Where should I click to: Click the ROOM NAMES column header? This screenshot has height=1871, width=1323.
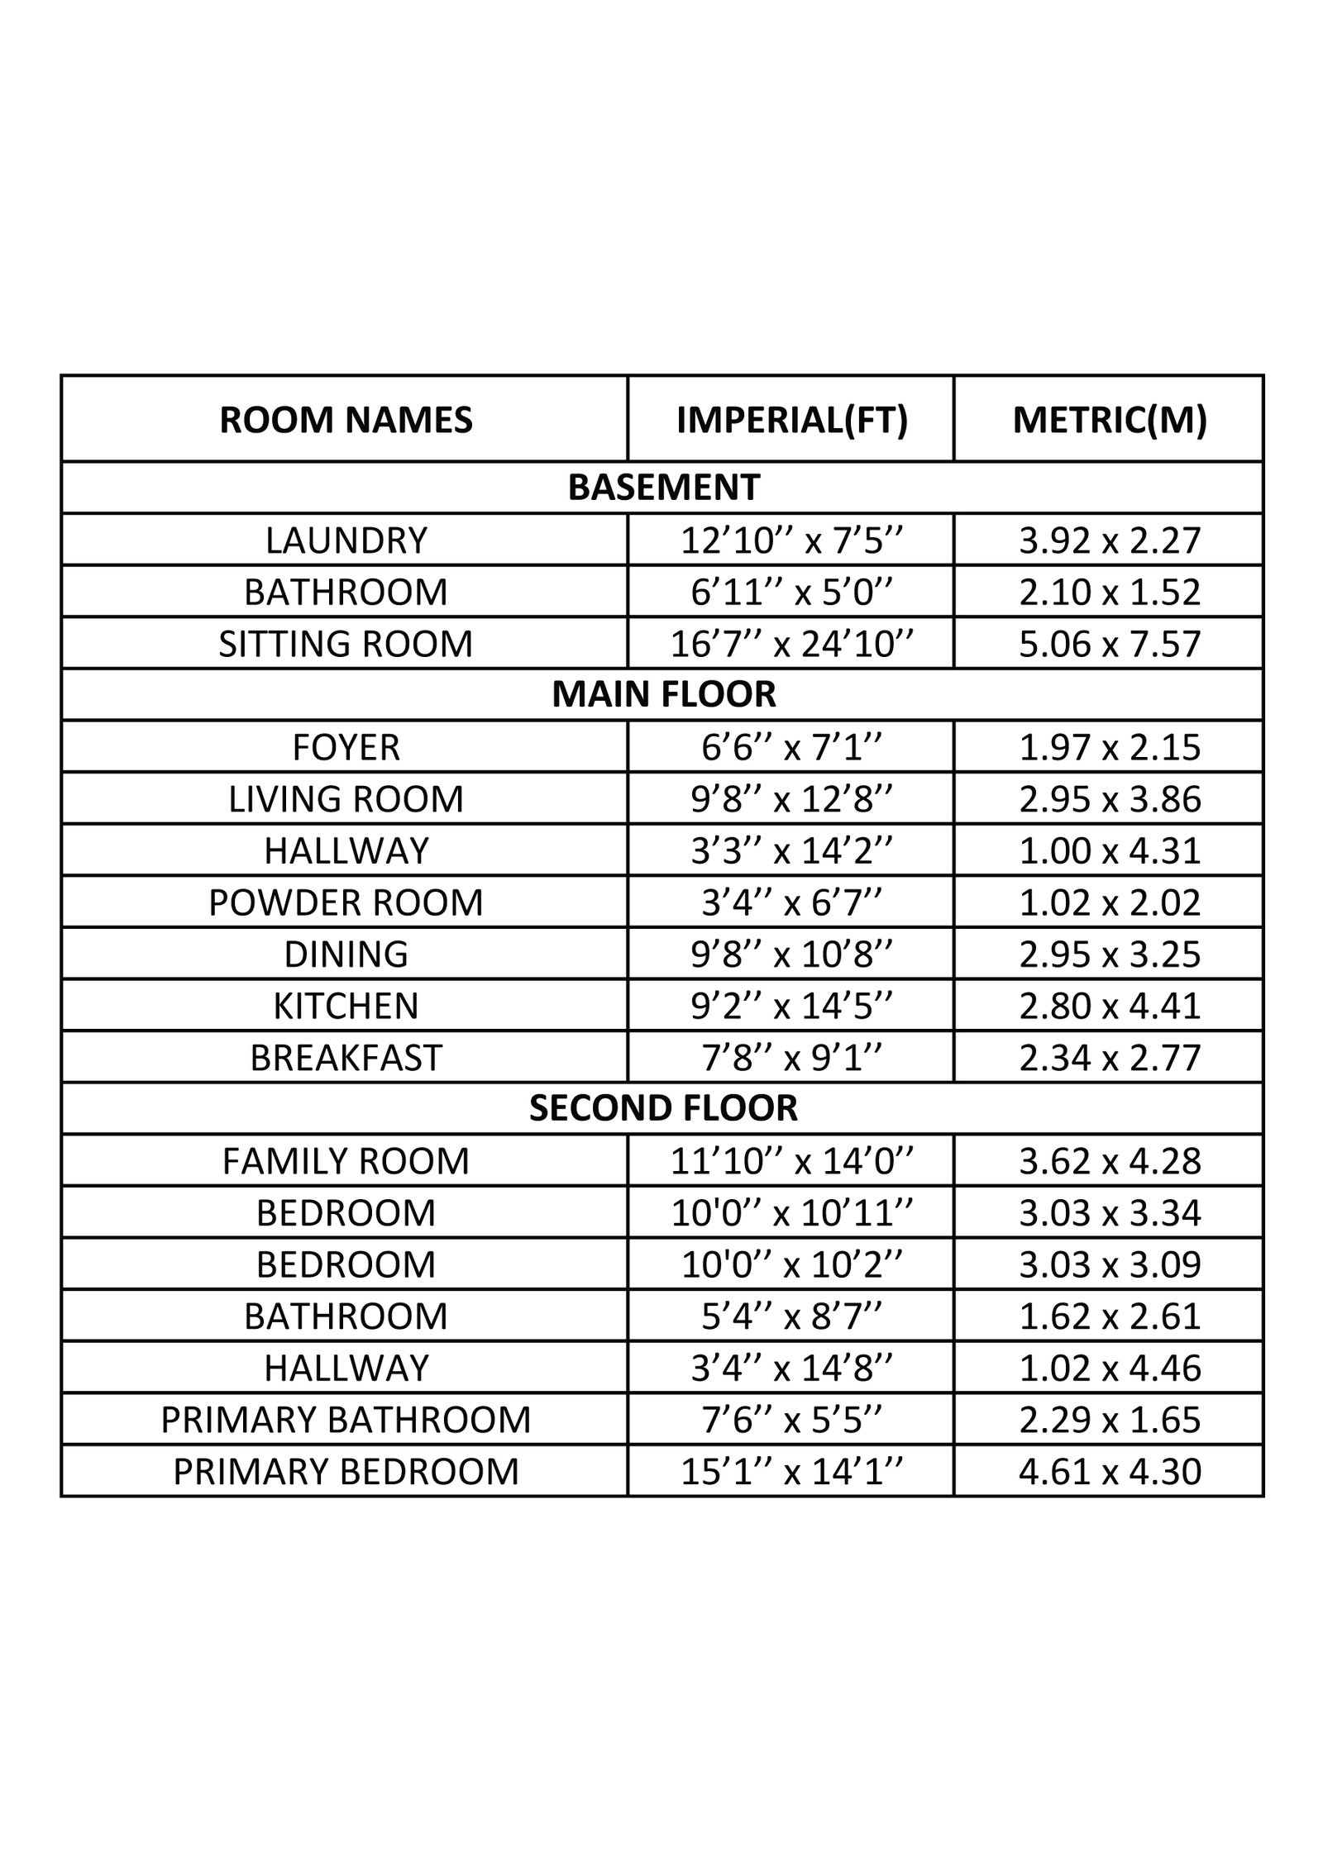[346, 420]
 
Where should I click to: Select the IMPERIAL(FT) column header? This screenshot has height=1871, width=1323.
[791, 420]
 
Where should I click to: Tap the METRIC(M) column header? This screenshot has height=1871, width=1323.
[1110, 420]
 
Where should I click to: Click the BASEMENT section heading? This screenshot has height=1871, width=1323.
[663, 488]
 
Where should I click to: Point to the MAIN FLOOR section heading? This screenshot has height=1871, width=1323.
[663, 694]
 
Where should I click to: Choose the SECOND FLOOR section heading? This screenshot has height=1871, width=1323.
[663, 1108]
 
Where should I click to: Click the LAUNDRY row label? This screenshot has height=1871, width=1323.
[346, 540]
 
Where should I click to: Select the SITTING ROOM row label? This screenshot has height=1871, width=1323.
[346, 644]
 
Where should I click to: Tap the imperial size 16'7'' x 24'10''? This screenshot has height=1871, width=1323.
[791, 644]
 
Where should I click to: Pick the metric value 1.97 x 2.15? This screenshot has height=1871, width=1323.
[1110, 747]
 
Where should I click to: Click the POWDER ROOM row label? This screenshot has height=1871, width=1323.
[346, 902]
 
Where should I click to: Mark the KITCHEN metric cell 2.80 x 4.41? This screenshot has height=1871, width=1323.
[1110, 1006]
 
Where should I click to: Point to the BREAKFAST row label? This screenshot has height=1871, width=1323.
[346, 1058]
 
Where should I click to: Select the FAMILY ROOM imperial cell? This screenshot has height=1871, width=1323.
[791, 1161]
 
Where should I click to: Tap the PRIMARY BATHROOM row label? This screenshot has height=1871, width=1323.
[346, 1420]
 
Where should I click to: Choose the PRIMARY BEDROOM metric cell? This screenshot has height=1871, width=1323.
[1110, 1472]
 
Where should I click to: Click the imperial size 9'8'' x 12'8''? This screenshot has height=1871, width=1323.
[791, 799]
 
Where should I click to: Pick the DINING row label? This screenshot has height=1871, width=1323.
[346, 954]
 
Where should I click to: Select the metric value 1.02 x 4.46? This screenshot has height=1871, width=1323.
[1110, 1368]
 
